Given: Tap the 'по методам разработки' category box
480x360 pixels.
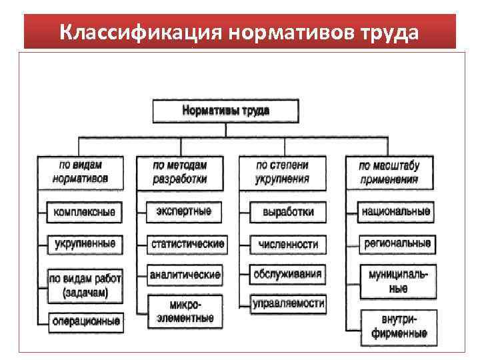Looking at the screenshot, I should click(x=181, y=172).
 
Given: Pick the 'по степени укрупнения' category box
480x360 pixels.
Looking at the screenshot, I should click(x=283, y=172).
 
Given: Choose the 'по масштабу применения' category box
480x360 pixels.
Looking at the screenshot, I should click(x=389, y=172).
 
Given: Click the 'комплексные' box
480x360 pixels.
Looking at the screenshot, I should click(x=85, y=213).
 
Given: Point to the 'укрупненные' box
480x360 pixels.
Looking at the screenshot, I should click(x=85, y=245).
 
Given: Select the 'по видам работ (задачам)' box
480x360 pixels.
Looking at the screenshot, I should click(x=85, y=284).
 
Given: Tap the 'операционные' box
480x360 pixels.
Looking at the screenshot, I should click(x=85, y=321).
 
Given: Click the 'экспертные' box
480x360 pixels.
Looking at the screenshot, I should click(x=184, y=212).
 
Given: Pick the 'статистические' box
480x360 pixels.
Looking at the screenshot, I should click(x=187, y=244).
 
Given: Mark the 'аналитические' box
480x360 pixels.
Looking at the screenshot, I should click(x=185, y=275).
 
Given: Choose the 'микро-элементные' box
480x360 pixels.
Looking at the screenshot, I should click(x=185, y=311).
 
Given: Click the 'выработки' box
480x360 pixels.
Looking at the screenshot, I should click(x=288, y=213).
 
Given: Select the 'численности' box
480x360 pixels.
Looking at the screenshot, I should click(x=288, y=245).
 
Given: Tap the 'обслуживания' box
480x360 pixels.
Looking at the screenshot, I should click(x=288, y=274).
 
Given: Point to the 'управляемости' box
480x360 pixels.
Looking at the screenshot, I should click(x=288, y=305).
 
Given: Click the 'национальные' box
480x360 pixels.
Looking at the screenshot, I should click(x=395, y=212).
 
